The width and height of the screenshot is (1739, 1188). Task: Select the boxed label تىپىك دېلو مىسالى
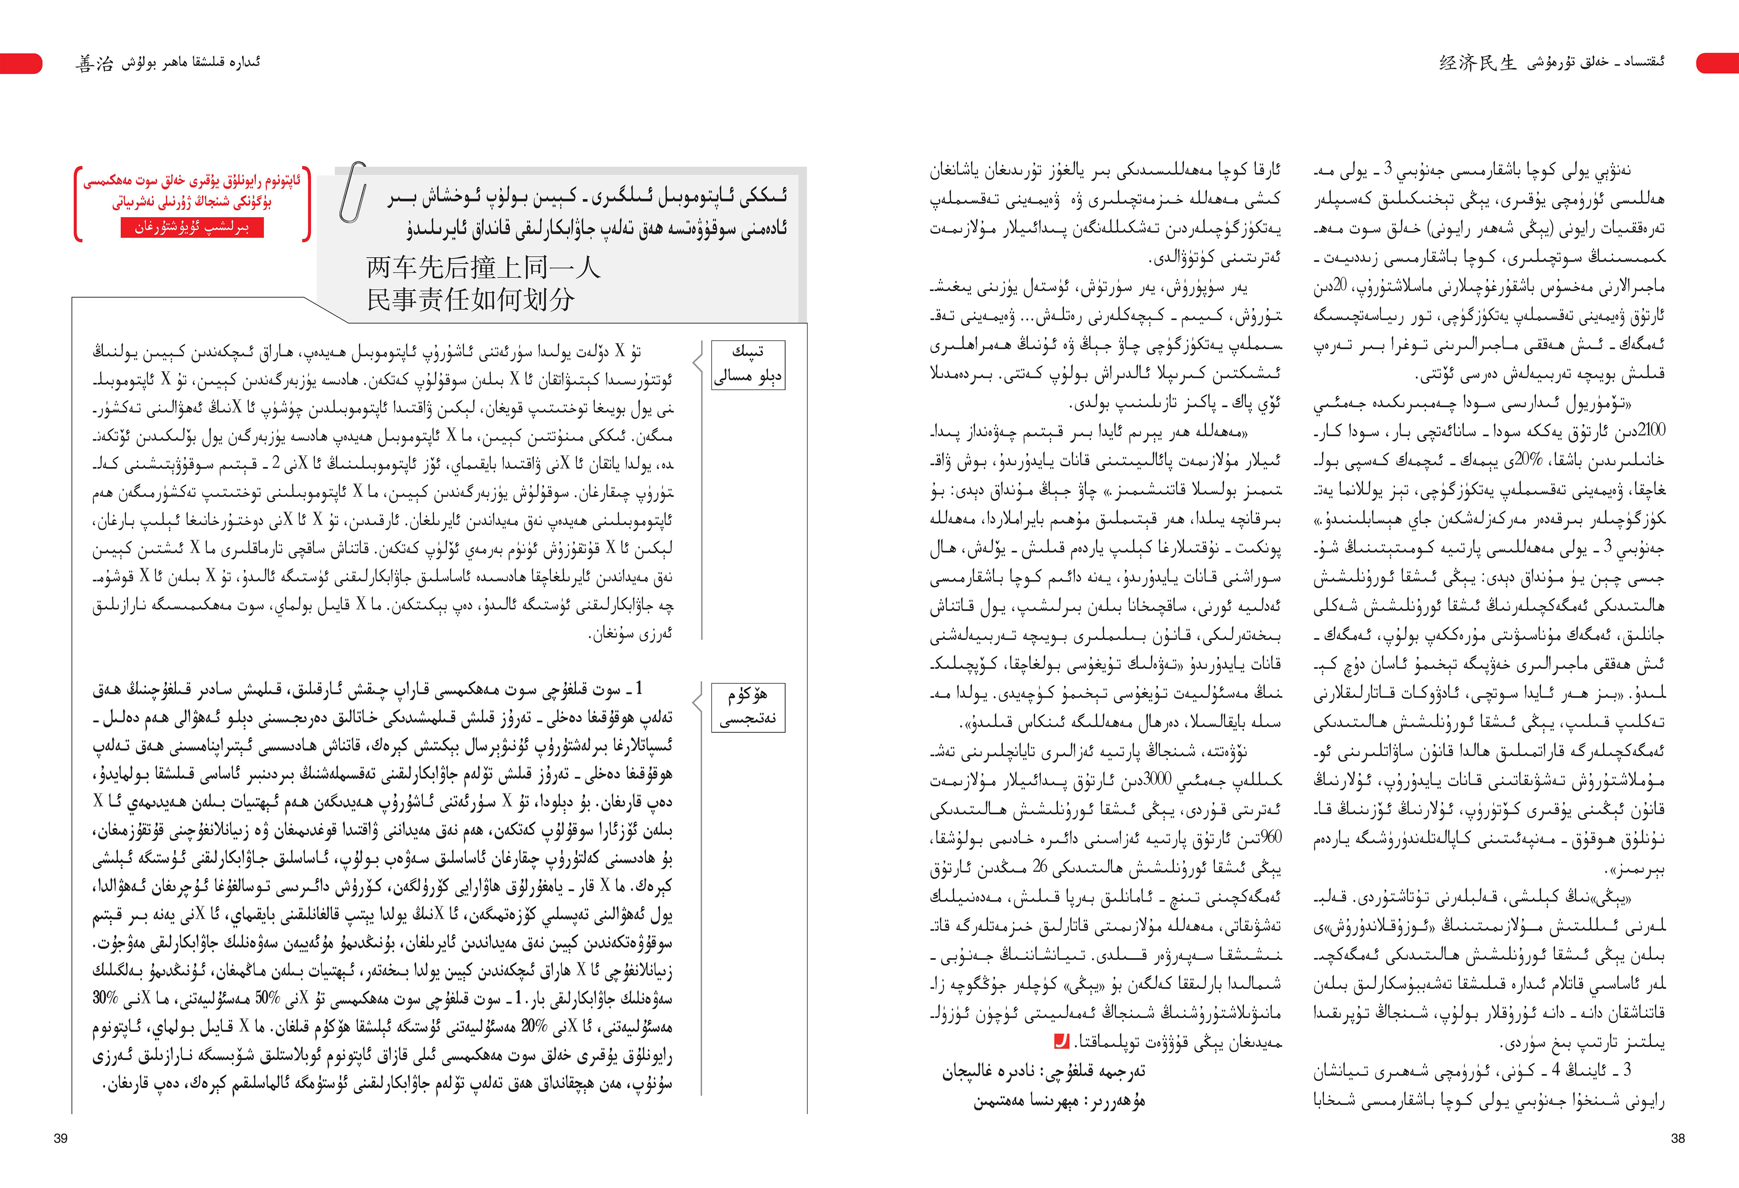tap(747, 364)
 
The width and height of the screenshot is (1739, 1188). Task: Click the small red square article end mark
tap(1061, 1041)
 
